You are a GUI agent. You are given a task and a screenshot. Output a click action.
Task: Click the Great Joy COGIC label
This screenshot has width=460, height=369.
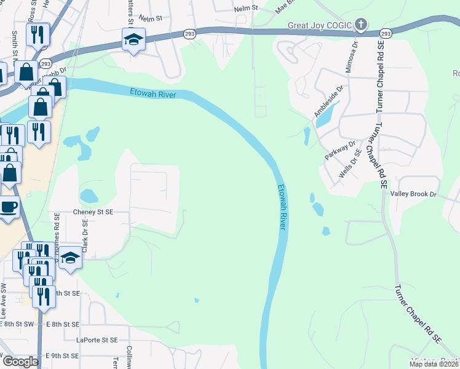point(320,25)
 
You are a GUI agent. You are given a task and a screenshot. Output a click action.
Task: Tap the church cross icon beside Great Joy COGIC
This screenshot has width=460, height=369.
point(361,25)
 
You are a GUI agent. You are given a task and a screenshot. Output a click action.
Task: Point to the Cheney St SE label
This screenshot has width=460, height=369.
point(93,212)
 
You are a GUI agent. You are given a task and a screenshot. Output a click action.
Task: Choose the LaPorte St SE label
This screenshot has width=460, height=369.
point(97,339)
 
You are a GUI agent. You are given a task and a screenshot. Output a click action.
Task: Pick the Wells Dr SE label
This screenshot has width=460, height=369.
point(349,165)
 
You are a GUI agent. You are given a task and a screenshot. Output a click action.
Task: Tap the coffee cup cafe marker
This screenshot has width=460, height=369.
point(8,207)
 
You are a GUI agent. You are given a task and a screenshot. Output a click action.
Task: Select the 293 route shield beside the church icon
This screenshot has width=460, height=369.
point(386,33)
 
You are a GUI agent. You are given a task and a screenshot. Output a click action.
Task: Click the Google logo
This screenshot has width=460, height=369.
point(20,362)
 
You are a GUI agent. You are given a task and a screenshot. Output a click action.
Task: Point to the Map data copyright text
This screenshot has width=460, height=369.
point(433,364)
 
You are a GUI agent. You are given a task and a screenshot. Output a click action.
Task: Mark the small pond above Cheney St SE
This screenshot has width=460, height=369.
point(89,196)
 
